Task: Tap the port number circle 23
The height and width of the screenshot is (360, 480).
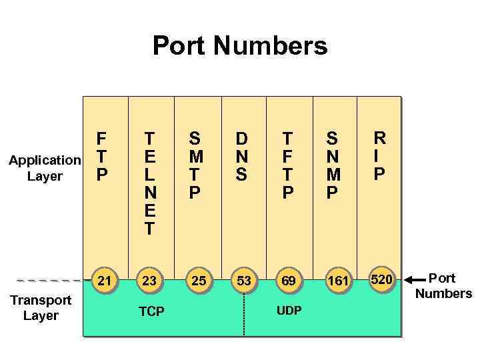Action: pyautogui.click(x=149, y=281)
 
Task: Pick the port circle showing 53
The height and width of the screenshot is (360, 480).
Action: pyautogui.click(x=244, y=281)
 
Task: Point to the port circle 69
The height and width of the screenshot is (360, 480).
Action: pyautogui.click(x=288, y=281)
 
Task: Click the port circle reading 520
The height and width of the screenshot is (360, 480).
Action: pyautogui.click(x=381, y=279)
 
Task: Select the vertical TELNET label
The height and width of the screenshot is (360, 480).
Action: pyautogui.click(x=149, y=184)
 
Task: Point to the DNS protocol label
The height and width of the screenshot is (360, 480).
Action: pyautogui.click(x=241, y=157)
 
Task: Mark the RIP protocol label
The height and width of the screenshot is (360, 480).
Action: pyautogui.click(x=379, y=156)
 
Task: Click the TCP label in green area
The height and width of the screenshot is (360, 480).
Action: pyautogui.click(x=151, y=312)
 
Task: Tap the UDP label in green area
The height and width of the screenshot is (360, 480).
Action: pyautogui.click(x=289, y=311)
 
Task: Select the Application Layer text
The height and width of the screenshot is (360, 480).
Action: pyautogui.click(x=45, y=168)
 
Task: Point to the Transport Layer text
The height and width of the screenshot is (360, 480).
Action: pyautogui.click(x=41, y=307)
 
